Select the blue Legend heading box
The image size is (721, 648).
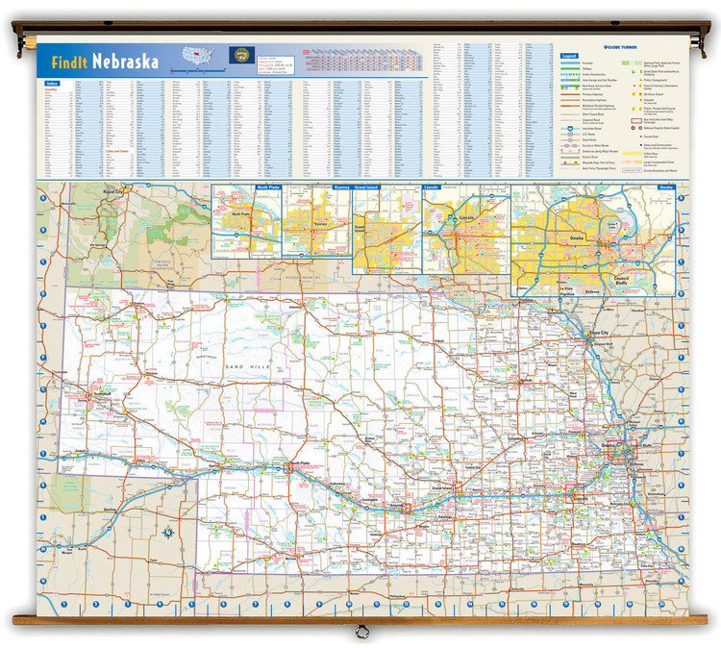pos(570,57)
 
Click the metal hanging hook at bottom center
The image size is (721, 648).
pos(360,632)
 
